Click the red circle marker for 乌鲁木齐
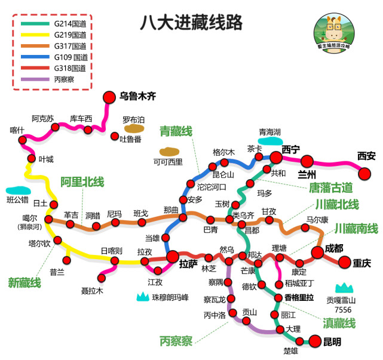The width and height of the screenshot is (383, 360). [109, 96]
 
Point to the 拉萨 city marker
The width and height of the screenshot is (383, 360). [173, 257]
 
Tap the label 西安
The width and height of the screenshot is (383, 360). [366, 156]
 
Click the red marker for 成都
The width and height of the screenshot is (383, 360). [318, 253]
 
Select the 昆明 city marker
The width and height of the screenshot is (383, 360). [315, 341]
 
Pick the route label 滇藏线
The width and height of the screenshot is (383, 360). [339, 323]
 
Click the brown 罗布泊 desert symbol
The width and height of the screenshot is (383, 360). [134, 128]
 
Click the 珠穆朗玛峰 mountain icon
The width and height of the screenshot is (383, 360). [143, 297]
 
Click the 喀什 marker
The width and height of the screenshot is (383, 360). [23, 141]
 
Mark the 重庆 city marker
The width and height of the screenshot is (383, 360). [345, 262]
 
